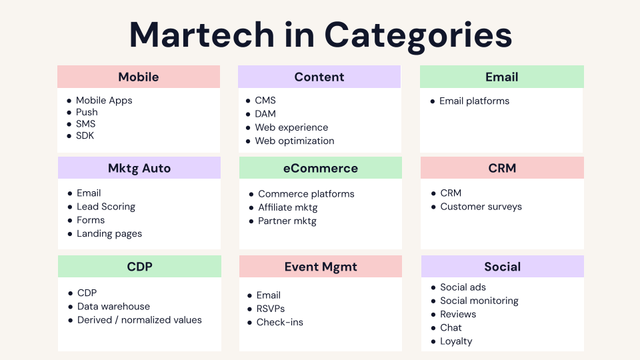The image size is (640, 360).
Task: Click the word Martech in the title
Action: click(x=201, y=35)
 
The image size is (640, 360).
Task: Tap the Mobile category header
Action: click(x=139, y=77)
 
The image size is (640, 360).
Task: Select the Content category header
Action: click(x=319, y=77)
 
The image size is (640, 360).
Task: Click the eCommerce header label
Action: click(x=321, y=168)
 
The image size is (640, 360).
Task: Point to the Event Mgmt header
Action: click(x=321, y=267)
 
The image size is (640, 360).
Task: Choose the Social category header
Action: click(x=503, y=267)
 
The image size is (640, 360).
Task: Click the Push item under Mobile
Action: click(x=87, y=112)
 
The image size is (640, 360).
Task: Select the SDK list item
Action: click(x=85, y=135)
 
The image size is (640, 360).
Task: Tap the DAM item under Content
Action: click(x=265, y=114)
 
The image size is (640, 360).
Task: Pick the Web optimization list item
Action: click(x=295, y=141)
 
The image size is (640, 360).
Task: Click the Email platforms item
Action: click(x=474, y=101)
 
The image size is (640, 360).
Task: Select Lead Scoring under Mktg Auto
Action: click(x=106, y=207)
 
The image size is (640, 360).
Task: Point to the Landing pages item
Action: click(x=109, y=233)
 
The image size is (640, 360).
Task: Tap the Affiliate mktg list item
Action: click(x=288, y=207)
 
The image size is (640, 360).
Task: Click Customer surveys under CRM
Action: click(x=481, y=207)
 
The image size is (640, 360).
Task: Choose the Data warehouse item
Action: click(x=113, y=307)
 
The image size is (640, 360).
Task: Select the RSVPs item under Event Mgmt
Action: click(x=271, y=309)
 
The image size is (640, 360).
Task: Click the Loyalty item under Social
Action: click(x=456, y=341)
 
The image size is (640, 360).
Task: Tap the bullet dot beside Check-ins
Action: click(x=250, y=323)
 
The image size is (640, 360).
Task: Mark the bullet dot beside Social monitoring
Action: click(x=433, y=301)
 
